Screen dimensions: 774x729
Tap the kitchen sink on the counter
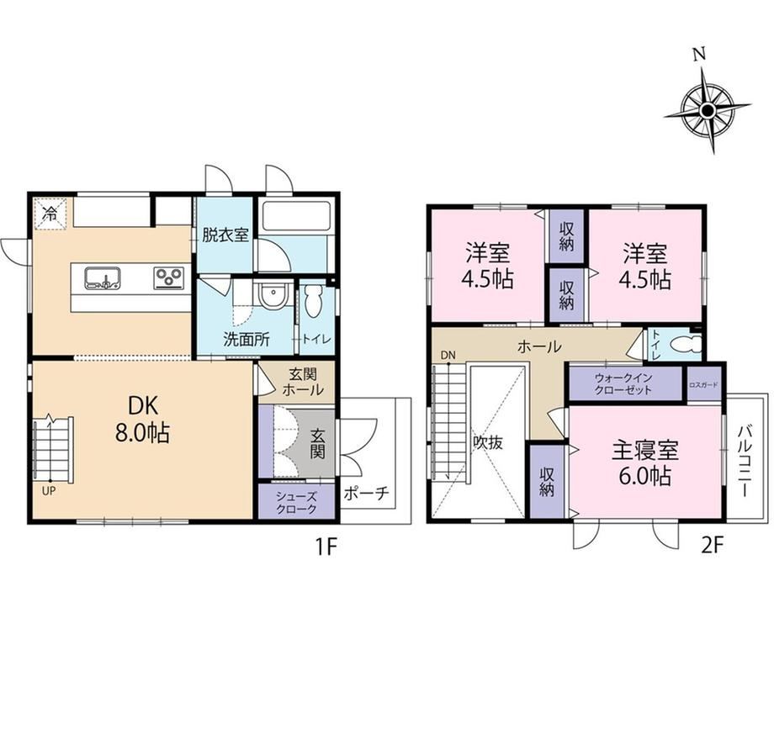[103, 277]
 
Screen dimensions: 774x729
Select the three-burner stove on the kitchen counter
[169, 277]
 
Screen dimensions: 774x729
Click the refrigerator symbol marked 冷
[50, 214]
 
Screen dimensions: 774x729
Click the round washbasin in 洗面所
[271, 297]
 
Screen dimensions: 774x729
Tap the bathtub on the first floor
[294, 215]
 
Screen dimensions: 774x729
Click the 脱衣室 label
[225, 235]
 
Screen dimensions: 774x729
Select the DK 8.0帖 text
[143, 420]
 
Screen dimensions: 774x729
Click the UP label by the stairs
[49, 491]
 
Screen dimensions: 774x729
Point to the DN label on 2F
[448, 355]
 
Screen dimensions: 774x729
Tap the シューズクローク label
[296, 503]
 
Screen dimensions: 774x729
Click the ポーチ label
[366, 494]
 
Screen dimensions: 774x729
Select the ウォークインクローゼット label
[623, 383]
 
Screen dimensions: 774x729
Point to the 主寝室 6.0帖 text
[644, 463]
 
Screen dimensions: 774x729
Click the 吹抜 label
[488, 443]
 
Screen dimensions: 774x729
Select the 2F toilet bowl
[687, 343]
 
